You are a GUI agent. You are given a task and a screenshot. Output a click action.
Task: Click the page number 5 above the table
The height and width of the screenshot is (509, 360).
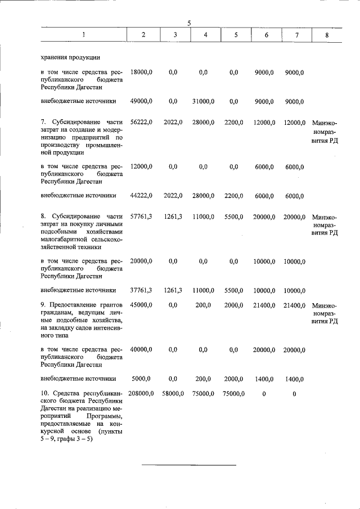click(190, 22)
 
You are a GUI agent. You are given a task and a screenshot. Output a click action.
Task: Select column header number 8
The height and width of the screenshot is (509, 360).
click(327, 35)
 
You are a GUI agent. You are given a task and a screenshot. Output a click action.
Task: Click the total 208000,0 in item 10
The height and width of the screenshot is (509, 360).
click(141, 393)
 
